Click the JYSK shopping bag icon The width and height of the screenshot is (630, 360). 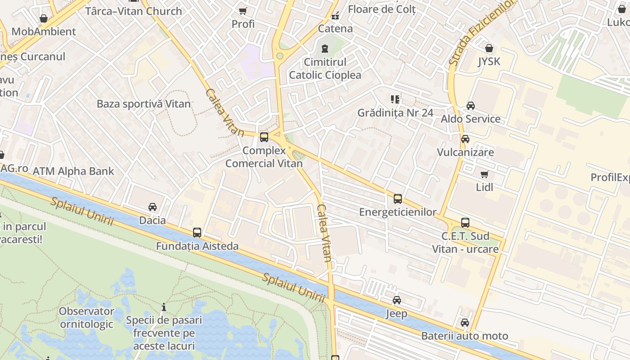point(489,48)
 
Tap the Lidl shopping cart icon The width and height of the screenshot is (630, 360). point(485,174)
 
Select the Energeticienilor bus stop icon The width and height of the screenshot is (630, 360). point(398,199)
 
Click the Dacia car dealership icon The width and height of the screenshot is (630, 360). point(153,207)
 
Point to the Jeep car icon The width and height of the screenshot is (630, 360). point(396,300)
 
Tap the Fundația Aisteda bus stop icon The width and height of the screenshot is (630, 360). point(197,233)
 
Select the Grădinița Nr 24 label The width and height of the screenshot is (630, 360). point(396,112)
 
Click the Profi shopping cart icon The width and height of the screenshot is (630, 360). point(243,11)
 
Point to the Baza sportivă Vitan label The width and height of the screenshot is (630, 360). point(144,103)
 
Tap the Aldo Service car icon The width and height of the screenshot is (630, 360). point(471,106)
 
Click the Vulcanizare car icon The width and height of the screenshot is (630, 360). point(465,139)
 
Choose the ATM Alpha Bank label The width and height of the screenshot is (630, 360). point(73,171)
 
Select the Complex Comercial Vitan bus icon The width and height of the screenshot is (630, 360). point(264,137)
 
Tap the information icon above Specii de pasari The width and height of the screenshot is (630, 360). point(164,307)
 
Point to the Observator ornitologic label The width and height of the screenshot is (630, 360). point(86,317)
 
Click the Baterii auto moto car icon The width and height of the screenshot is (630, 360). point(465,323)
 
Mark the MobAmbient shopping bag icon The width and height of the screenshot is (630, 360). point(44,18)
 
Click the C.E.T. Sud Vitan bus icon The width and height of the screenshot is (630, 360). point(465,223)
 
